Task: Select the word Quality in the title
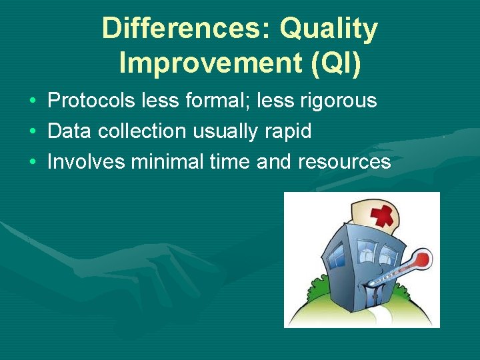click(329, 29)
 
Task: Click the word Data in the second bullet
click(70, 131)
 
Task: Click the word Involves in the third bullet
click(86, 161)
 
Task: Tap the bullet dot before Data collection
click(33, 132)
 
